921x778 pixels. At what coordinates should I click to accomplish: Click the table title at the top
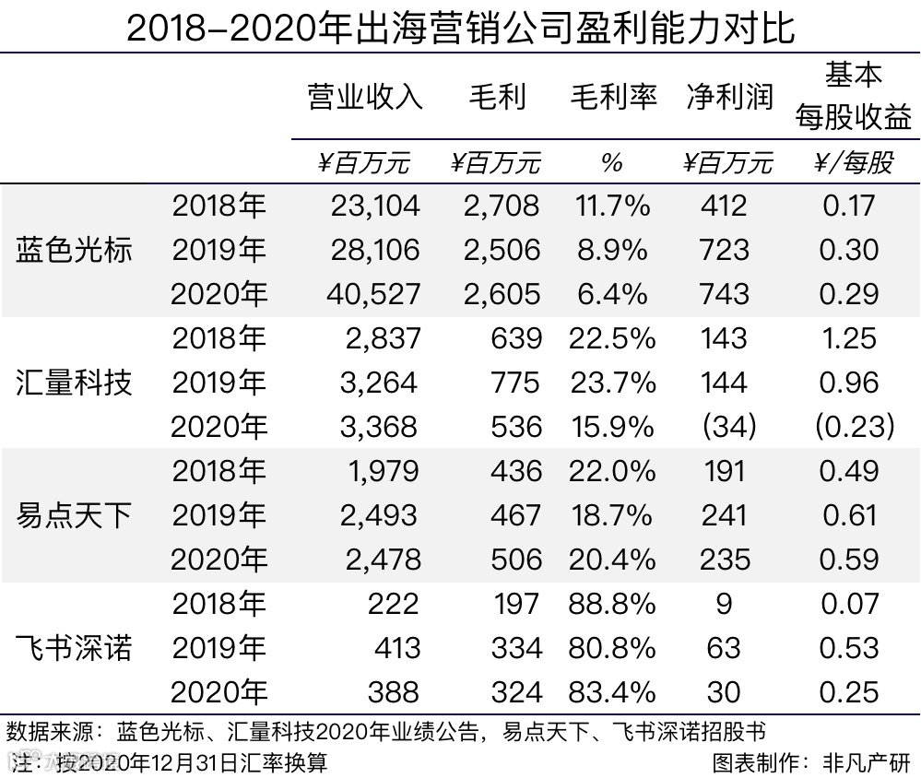click(460, 28)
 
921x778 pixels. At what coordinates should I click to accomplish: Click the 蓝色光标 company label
click(74, 250)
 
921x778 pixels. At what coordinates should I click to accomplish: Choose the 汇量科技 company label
click(74, 382)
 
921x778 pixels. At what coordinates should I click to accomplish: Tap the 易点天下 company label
click(74, 514)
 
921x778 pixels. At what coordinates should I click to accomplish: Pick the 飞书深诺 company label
click(74, 647)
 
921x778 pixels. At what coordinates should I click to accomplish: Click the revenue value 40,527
click(374, 294)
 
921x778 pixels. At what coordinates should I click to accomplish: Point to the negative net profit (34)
click(728, 427)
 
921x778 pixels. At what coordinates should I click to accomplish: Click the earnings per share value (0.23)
click(854, 427)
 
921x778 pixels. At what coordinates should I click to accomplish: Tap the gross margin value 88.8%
click(613, 604)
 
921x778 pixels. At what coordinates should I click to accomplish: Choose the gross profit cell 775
click(515, 382)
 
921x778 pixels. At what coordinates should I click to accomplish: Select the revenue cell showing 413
click(396, 648)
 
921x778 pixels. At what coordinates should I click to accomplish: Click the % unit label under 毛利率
click(612, 163)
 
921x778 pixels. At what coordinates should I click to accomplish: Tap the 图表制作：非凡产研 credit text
click(811, 762)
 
